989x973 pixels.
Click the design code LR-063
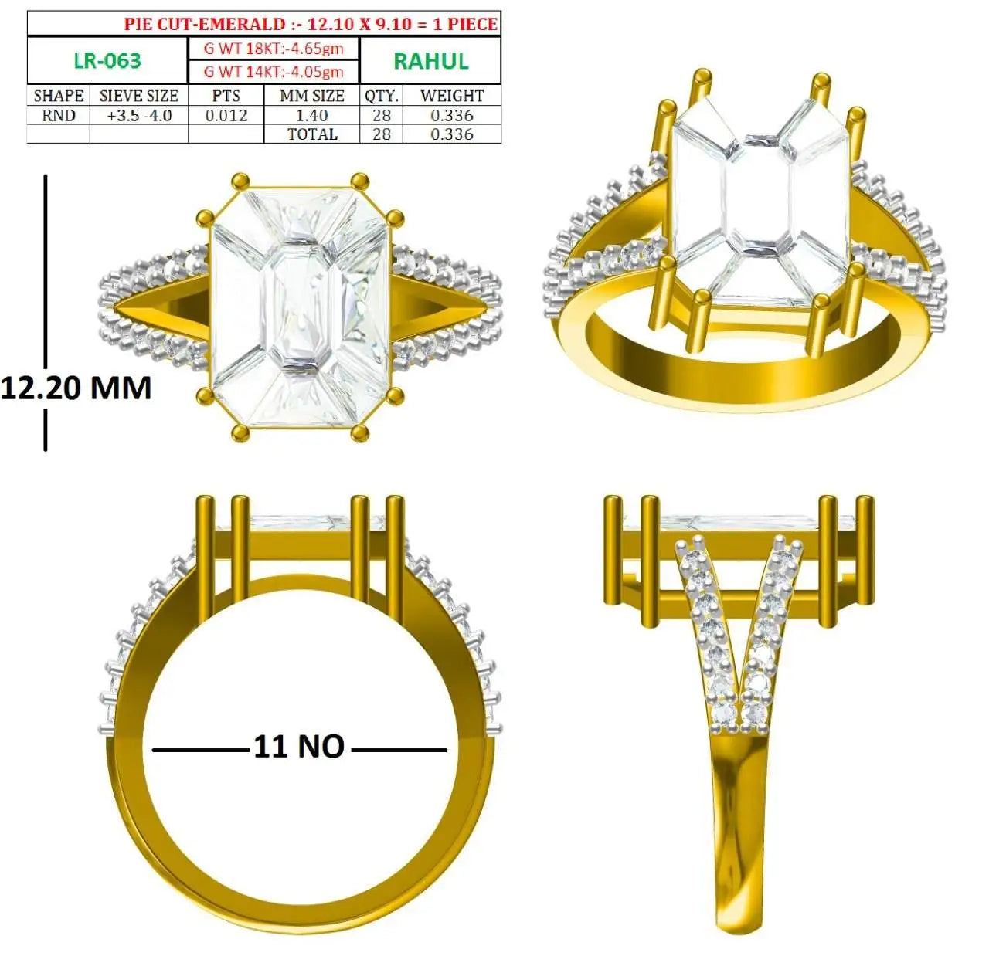pos(107,60)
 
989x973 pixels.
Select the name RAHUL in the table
pos(431,61)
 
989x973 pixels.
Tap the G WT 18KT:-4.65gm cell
pos(274,49)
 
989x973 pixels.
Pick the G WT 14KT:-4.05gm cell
pos(274,71)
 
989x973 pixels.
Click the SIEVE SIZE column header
pos(138,96)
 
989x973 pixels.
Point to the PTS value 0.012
pos(226,116)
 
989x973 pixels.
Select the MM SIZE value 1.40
pos(311,116)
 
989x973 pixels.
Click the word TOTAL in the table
pos(312,134)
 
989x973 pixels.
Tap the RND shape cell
pos(59,116)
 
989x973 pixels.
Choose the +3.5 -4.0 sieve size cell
pos(139,116)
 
